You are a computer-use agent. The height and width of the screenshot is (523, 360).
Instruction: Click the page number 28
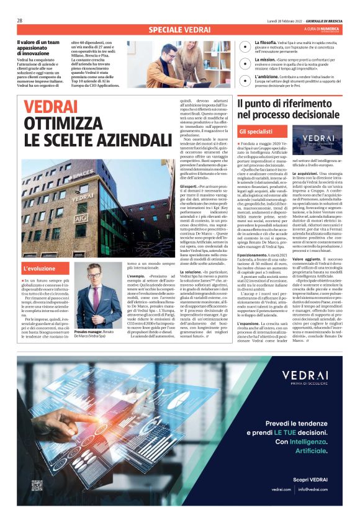pos(20,20)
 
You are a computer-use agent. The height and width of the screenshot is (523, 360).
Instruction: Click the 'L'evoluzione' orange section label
pos(38,269)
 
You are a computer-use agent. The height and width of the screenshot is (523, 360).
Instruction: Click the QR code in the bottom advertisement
pos(37,485)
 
